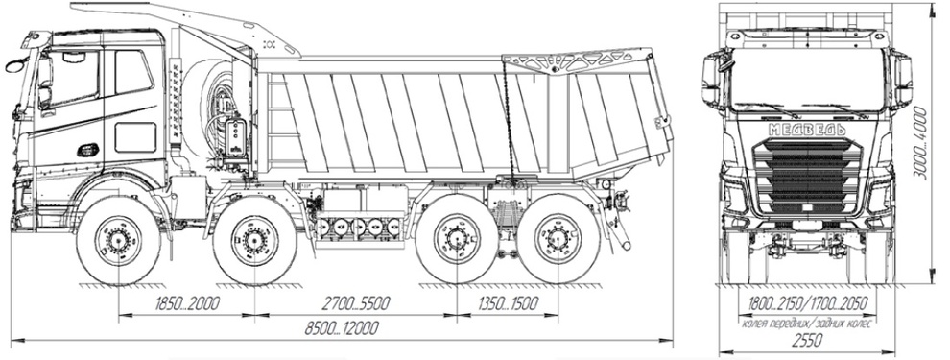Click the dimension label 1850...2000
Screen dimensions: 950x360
click(186, 303)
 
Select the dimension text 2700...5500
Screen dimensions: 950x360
click(356, 303)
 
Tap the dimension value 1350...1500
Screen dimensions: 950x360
click(508, 303)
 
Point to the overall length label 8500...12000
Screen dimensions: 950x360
click(342, 328)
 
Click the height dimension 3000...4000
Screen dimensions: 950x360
click(920, 143)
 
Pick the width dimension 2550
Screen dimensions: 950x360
click(807, 340)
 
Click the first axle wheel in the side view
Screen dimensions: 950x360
click(118, 241)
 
